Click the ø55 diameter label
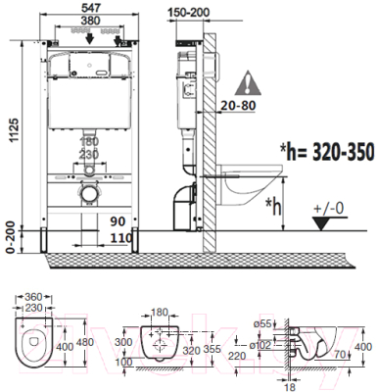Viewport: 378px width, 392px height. tap(260, 322)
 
